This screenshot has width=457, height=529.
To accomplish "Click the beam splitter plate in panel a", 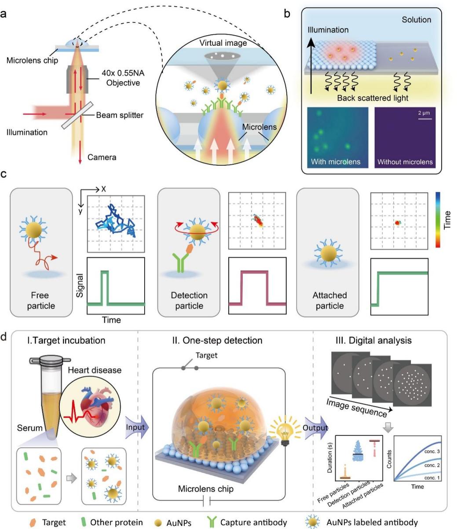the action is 77,115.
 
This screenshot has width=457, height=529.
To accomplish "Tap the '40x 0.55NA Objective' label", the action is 123,78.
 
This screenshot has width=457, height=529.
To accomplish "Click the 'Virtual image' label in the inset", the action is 223,43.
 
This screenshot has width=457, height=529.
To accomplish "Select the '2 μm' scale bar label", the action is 424,113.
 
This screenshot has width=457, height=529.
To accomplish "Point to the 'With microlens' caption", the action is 336,161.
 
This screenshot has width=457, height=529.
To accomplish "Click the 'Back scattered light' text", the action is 373,98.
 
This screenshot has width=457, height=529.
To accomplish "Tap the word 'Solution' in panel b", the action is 416,20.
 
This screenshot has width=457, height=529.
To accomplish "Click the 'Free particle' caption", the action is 41,300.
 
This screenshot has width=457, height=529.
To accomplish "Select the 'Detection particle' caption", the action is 189,300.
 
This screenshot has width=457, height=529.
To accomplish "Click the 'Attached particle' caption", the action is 329,300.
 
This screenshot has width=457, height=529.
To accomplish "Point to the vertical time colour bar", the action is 438,219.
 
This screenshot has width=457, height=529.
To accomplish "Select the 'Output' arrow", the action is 316,428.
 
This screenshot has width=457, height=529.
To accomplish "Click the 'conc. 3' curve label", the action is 432,451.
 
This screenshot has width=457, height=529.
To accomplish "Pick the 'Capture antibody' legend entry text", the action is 253,522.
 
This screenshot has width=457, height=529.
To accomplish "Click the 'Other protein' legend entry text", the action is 117,522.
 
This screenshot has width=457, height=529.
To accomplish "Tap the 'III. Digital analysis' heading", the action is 373,340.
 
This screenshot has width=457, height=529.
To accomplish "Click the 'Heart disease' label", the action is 95,370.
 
